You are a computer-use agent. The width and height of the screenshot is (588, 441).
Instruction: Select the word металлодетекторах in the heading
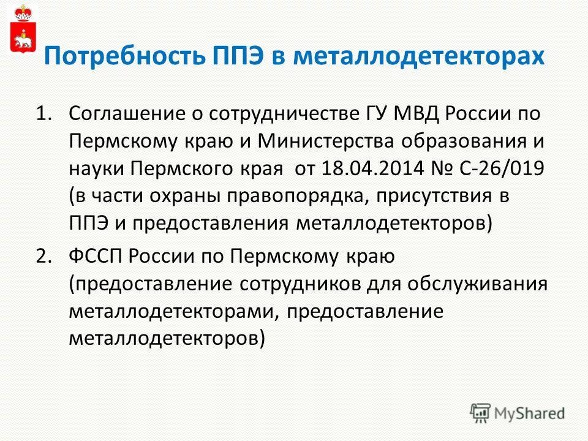point(419,58)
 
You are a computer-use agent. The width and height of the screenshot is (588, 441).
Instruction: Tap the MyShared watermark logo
point(518,413)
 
